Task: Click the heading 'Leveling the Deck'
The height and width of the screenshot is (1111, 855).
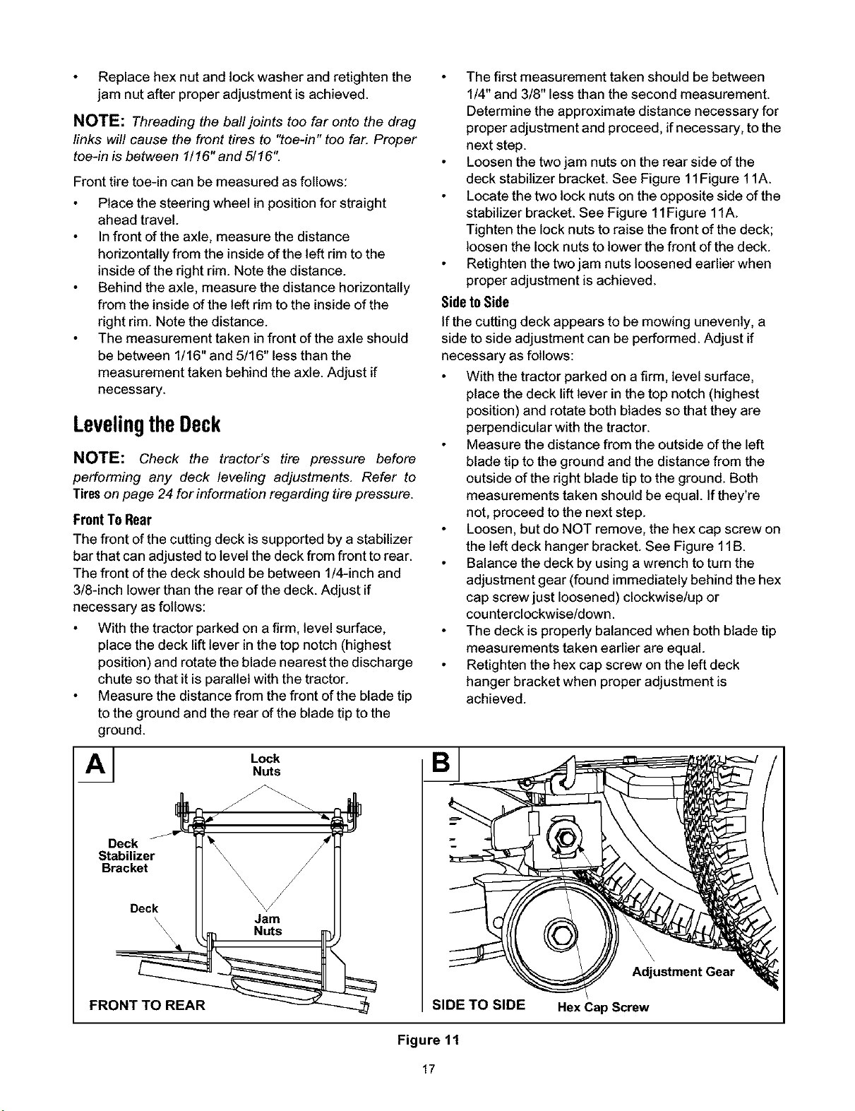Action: [x=147, y=424]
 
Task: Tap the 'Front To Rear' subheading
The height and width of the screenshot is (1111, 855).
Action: [x=112, y=520]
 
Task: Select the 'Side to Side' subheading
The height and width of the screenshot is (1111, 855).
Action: [x=475, y=302]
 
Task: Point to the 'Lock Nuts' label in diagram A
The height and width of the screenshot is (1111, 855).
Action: [x=265, y=765]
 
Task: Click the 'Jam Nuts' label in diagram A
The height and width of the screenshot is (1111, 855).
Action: [x=268, y=925]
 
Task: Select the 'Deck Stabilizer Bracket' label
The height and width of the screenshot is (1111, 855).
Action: [x=126, y=856]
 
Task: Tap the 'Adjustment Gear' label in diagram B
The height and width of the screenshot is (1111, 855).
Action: [x=683, y=972]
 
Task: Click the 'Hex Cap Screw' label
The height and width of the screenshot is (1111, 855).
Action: [x=603, y=1007]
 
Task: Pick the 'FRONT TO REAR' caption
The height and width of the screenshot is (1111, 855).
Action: [x=147, y=1005]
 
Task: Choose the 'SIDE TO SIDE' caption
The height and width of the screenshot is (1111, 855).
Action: [x=479, y=1005]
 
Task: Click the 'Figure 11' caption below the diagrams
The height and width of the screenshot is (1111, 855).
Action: [x=429, y=1040]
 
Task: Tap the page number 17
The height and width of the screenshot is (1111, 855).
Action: [x=429, y=1069]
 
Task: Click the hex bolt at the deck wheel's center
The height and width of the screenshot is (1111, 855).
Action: [x=561, y=936]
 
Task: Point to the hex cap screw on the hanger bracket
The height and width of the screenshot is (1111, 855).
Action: [x=566, y=839]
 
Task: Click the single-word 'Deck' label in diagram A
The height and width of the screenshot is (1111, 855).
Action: [x=144, y=908]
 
